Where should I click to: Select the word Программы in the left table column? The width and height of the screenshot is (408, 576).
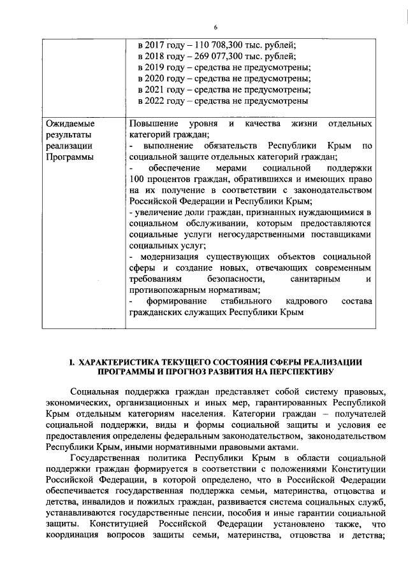[x=69, y=157]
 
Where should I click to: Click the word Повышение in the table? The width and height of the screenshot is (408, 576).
[x=152, y=122]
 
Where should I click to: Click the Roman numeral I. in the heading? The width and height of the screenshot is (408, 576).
[x=72, y=362]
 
